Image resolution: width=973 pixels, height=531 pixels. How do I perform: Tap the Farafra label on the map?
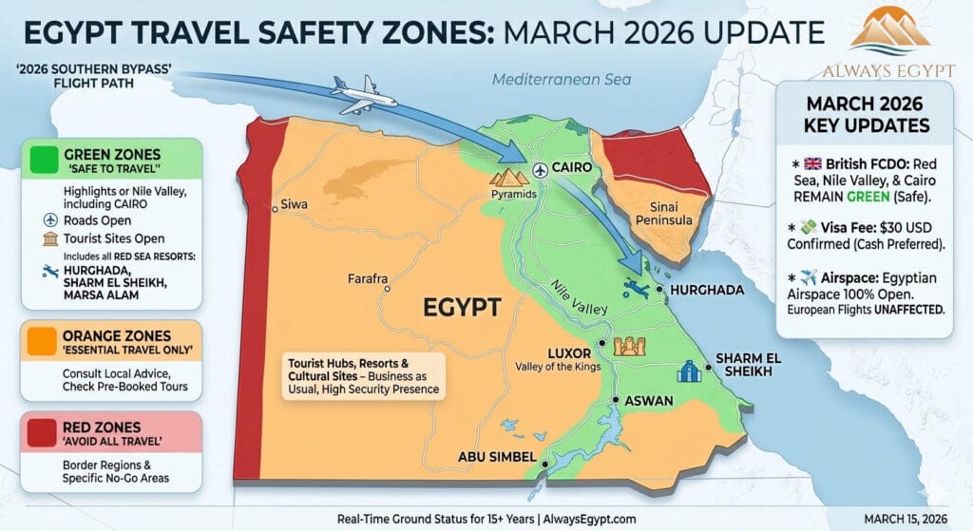tap(368, 278)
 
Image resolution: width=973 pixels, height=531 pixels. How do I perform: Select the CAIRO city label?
tap(572, 168)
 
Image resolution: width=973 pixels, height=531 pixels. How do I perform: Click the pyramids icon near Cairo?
tap(506, 177)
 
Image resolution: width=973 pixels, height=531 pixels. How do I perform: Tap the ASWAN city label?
tap(651, 402)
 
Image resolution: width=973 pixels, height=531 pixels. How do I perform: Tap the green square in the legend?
tap(43, 160)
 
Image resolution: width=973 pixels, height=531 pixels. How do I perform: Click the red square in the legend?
tap(43, 433)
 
